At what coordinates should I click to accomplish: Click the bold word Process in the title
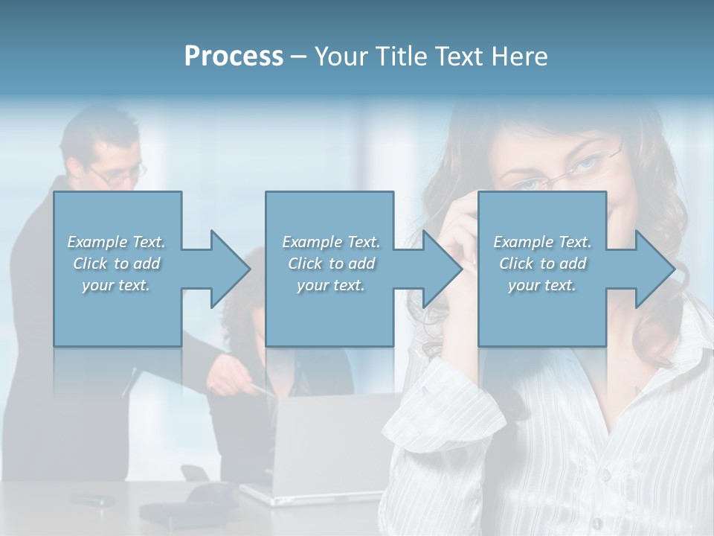tap(234, 57)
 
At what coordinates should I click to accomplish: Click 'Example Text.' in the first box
tap(116, 242)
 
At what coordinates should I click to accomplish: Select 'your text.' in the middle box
tap(330, 285)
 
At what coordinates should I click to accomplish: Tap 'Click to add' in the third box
tap(542, 264)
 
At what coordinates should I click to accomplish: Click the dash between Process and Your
tap(299, 57)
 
